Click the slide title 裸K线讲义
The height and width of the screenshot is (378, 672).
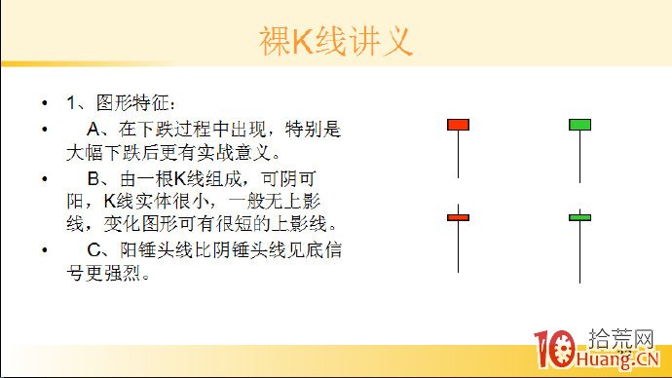click(336, 41)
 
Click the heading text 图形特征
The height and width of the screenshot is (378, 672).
click(133, 103)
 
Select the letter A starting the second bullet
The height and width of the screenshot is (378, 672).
click(93, 128)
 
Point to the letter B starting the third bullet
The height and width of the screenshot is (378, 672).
click(93, 179)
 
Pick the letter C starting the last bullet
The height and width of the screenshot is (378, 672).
click(93, 250)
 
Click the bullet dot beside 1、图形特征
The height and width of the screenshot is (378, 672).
click(44, 103)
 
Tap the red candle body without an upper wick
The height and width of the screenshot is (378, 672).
click(458, 124)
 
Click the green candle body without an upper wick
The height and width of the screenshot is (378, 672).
click(579, 124)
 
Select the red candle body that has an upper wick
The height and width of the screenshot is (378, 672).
click(458, 217)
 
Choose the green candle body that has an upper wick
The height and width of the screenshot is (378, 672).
click(579, 217)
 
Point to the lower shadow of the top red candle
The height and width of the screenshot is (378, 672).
click(458, 156)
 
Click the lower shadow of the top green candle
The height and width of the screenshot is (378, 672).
click(579, 156)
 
